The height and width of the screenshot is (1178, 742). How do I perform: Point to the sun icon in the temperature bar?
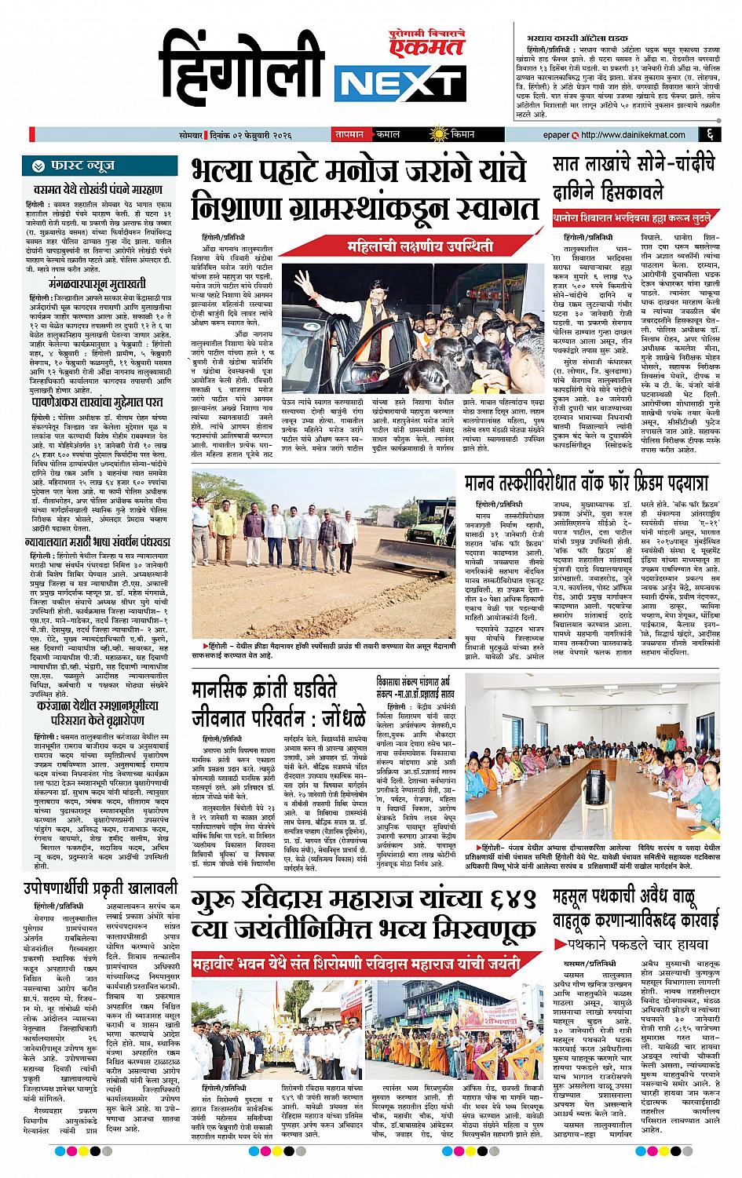pos(431,134)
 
